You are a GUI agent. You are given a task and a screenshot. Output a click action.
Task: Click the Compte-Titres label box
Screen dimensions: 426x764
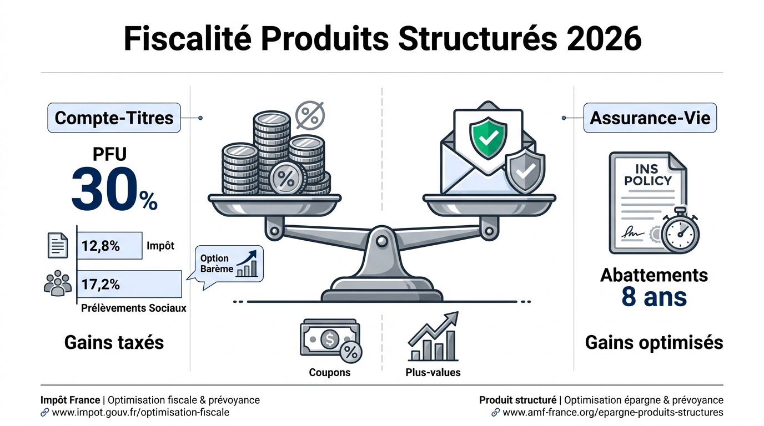[114, 118]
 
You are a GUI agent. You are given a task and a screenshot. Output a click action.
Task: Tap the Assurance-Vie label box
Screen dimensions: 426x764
[650, 118]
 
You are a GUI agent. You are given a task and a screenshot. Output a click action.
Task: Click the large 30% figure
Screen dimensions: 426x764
[114, 192]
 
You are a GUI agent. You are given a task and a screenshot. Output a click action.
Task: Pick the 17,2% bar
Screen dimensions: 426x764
[128, 284]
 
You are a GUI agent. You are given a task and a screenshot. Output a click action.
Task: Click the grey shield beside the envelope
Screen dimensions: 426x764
[525, 170]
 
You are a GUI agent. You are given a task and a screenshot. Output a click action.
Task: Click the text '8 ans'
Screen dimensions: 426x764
[654, 297]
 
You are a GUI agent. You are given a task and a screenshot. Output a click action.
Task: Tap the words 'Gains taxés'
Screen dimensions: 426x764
[114, 342]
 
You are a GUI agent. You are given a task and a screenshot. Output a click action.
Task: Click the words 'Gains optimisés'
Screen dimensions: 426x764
[654, 342]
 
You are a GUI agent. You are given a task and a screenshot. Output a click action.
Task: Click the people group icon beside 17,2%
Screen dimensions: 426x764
[58, 283]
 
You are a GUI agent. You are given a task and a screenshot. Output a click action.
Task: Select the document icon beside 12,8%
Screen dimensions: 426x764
[58, 245]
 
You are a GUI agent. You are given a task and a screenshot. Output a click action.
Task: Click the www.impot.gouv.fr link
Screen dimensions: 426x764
[140, 413]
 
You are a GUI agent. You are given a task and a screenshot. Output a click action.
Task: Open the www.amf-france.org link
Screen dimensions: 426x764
[612, 413]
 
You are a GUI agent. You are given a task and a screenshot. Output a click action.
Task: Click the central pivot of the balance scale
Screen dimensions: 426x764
[382, 241]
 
